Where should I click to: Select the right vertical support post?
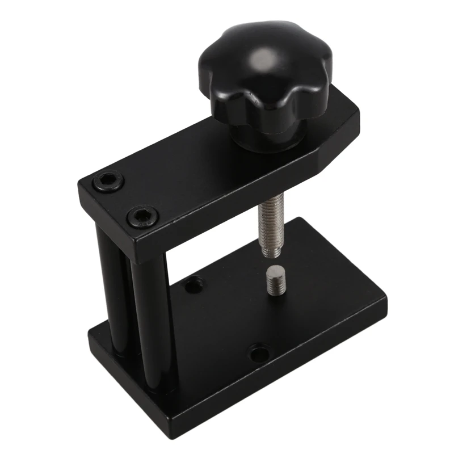[x=150, y=318]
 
